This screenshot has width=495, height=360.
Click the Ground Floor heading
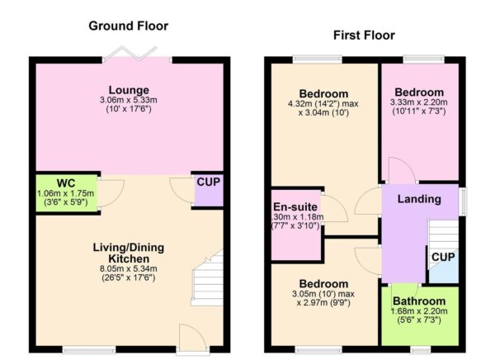129,26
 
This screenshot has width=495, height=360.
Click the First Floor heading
364,36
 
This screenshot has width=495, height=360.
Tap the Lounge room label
128,90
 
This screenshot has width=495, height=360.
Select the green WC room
66,192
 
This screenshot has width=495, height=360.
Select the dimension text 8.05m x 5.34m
127,268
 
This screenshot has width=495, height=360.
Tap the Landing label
419,199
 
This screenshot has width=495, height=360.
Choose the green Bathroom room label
419,301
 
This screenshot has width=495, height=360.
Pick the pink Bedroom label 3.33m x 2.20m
419,92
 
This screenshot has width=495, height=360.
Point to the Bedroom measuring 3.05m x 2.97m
323,297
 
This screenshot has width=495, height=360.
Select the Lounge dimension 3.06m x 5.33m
128,102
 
